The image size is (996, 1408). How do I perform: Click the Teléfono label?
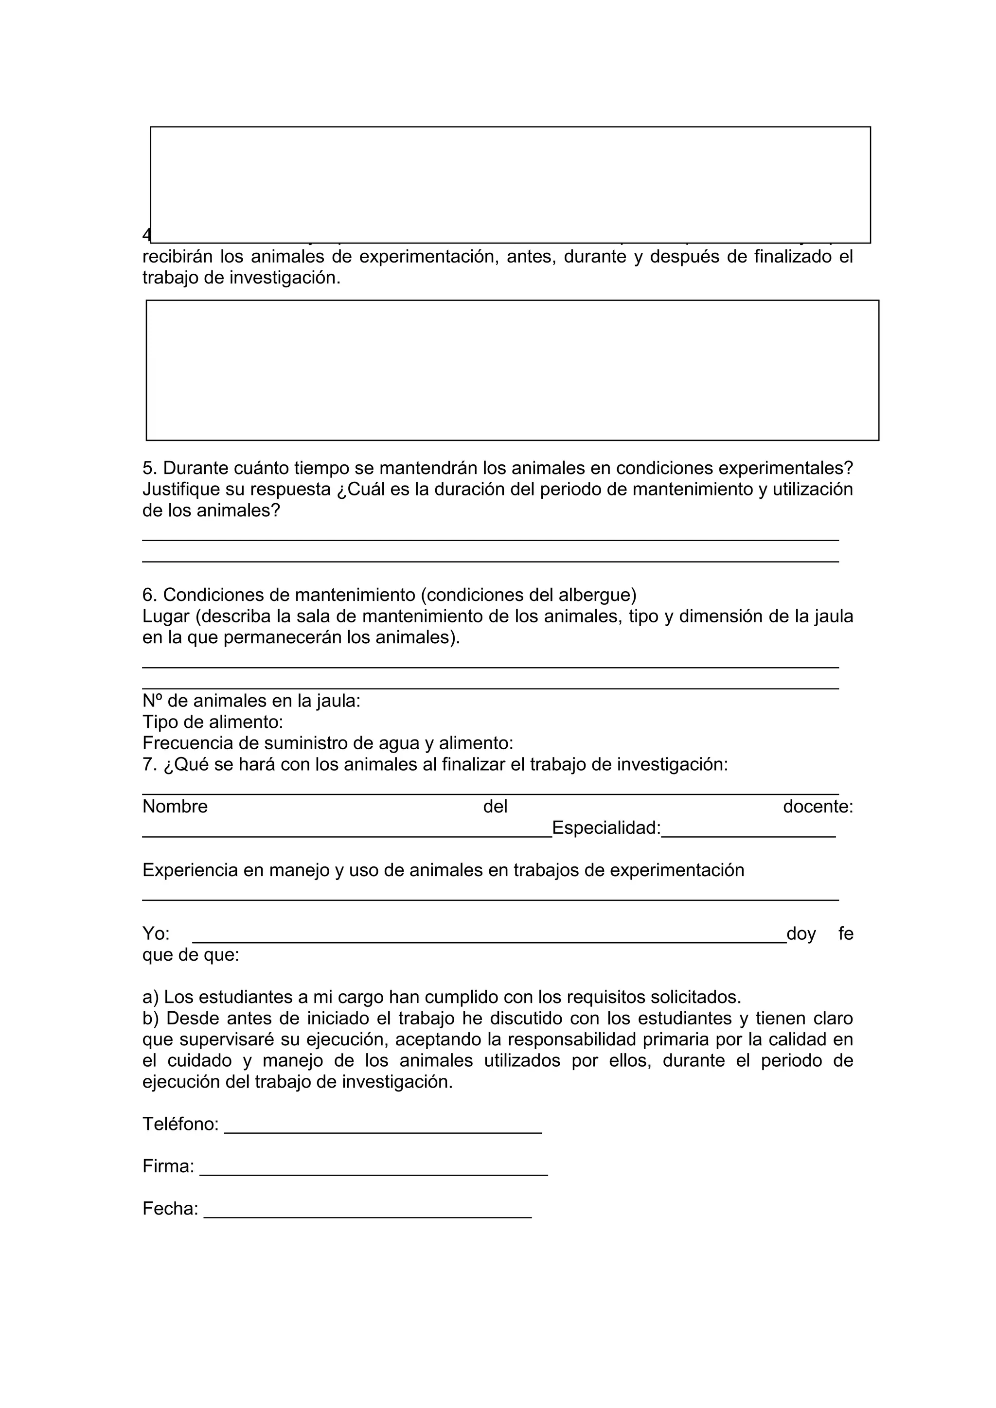coord(180,1124)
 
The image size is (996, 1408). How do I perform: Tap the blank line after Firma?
coord(373,1174)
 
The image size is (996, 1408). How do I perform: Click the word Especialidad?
coord(606,828)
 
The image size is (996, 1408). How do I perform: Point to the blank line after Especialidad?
coord(748,835)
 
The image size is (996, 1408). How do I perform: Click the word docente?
coord(818,807)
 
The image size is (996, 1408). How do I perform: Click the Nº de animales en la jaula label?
coord(251,701)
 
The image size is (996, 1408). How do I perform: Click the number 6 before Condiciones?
coord(148,595)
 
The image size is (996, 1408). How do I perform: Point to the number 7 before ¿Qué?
coord(148,764)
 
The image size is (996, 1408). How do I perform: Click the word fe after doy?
coord(846,934)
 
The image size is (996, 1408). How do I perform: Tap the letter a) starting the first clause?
coord(150,997)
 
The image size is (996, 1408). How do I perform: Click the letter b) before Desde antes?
coord(150,1018)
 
